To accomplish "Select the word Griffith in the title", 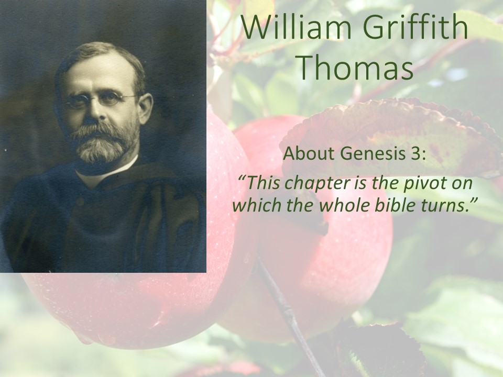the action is pos(417,26).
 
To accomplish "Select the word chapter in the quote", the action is pos(316,184).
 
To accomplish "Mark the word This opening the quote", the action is pos(260,183).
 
